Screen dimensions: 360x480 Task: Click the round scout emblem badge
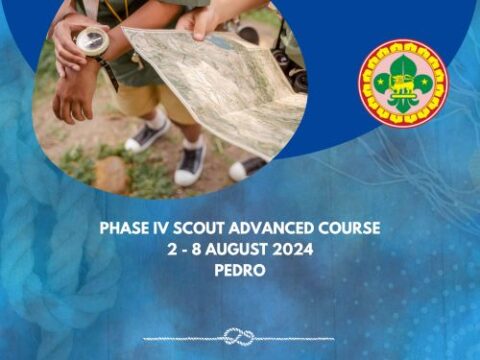click(x=403, y=83)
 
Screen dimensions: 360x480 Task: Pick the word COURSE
click(x=346, y=228)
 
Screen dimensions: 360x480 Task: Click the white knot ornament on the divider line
click(x=238, y=336)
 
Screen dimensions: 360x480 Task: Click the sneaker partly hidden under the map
click(x=149, y=134)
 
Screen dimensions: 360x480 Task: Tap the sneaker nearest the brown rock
click(x=190, y=162)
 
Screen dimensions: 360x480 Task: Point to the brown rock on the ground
click(x=110, y=173)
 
